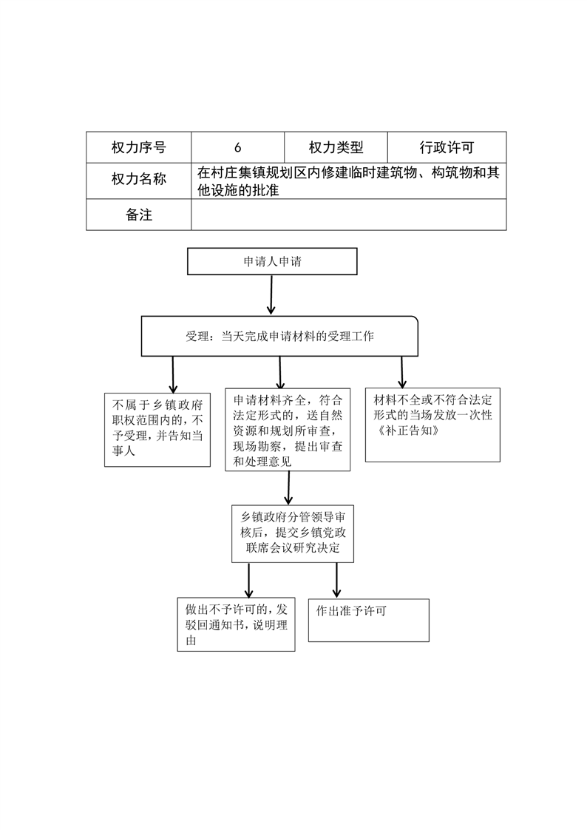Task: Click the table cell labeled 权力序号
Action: (x=138, y=147)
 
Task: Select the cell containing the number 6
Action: (x=238, y=147)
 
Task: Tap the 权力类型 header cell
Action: (x=336, y=147)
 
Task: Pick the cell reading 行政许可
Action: (x=447, y=147)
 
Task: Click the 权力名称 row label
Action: (x=138, y=181)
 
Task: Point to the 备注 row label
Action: (x=138, y=215)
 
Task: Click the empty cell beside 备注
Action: (x=349, y=215)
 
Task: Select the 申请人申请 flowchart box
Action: (x=272, y=261)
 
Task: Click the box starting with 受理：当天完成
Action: (x=279, y=336)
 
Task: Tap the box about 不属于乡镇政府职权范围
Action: (x=157, y=430)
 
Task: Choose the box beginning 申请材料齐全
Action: (x=288, y=429)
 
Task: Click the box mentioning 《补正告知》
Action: (x=432, y=425)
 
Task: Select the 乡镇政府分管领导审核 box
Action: (x=293, y=533)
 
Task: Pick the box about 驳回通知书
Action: (x=236, y=624)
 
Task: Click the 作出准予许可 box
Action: (x=369, y=621)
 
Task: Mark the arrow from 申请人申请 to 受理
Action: (x=271, y=295)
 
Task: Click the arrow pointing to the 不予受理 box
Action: (x=173, y=375)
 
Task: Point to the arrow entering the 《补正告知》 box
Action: (x=402, y=372)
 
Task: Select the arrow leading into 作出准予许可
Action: (x=336, y=580)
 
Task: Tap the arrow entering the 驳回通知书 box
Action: (x=248, y=580)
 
